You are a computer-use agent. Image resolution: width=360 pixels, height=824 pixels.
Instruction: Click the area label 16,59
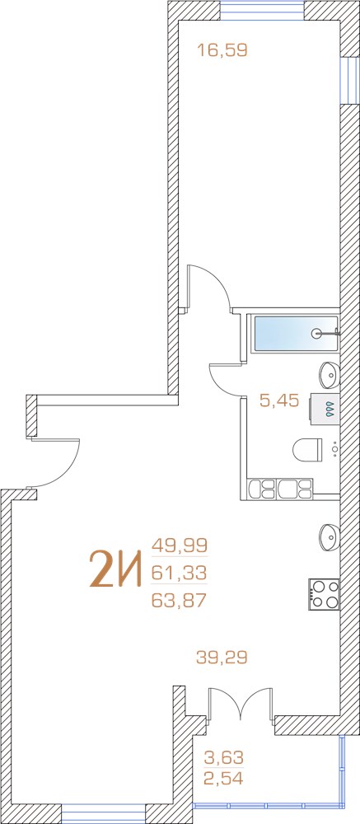point(222,50)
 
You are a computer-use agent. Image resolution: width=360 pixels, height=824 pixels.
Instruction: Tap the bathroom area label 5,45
point(279,401)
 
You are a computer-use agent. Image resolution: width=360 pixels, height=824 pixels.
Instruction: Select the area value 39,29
point(222,657)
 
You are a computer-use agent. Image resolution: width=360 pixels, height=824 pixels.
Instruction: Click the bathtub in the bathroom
point(296,333)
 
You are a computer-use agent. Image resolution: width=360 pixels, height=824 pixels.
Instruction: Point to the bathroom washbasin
point(330,374)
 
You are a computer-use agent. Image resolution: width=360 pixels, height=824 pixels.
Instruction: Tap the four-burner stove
point(325,594)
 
